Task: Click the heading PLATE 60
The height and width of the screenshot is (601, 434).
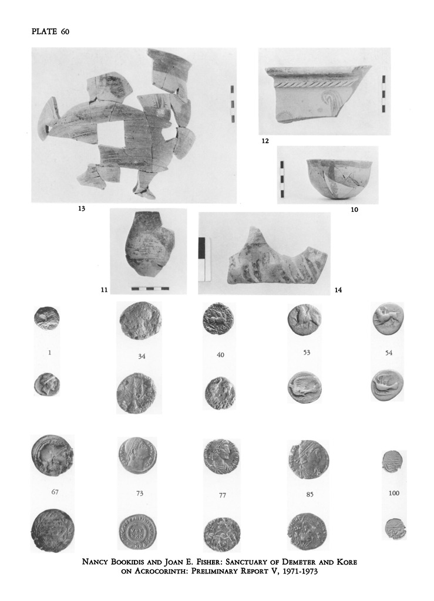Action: pyautogui.click(x=51, y=32)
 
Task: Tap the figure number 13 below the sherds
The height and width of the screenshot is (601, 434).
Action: pyautogui.click(x=81, y=208)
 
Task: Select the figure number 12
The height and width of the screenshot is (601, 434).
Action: pyautogui.click(x=265, y=141)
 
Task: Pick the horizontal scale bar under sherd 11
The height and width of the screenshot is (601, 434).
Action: pyautogui.click(x=150, y=288)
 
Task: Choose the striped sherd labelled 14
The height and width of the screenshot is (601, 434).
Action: pyautogui.click(x=277, y=257)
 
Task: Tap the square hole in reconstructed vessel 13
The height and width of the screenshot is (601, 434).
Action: pyautogui.click(x=110, y=133)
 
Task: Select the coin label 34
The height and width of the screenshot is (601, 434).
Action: pyautogui.click(x=142, y=356)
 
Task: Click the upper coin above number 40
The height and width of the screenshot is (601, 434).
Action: pyautogui.click(x=218, y=319)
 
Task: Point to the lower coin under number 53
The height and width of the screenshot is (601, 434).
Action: pyautogui.click(x=304, y=387)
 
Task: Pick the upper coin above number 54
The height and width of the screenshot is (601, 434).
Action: pyautogui.click(x=388, y=319)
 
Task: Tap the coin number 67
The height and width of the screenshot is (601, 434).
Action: pyautogui.click(x=55, y=492)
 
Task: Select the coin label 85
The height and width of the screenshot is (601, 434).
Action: pyautogui.click(x=309, y=494)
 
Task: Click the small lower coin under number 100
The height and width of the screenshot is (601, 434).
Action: pyautogui.click(x=394, y=529)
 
